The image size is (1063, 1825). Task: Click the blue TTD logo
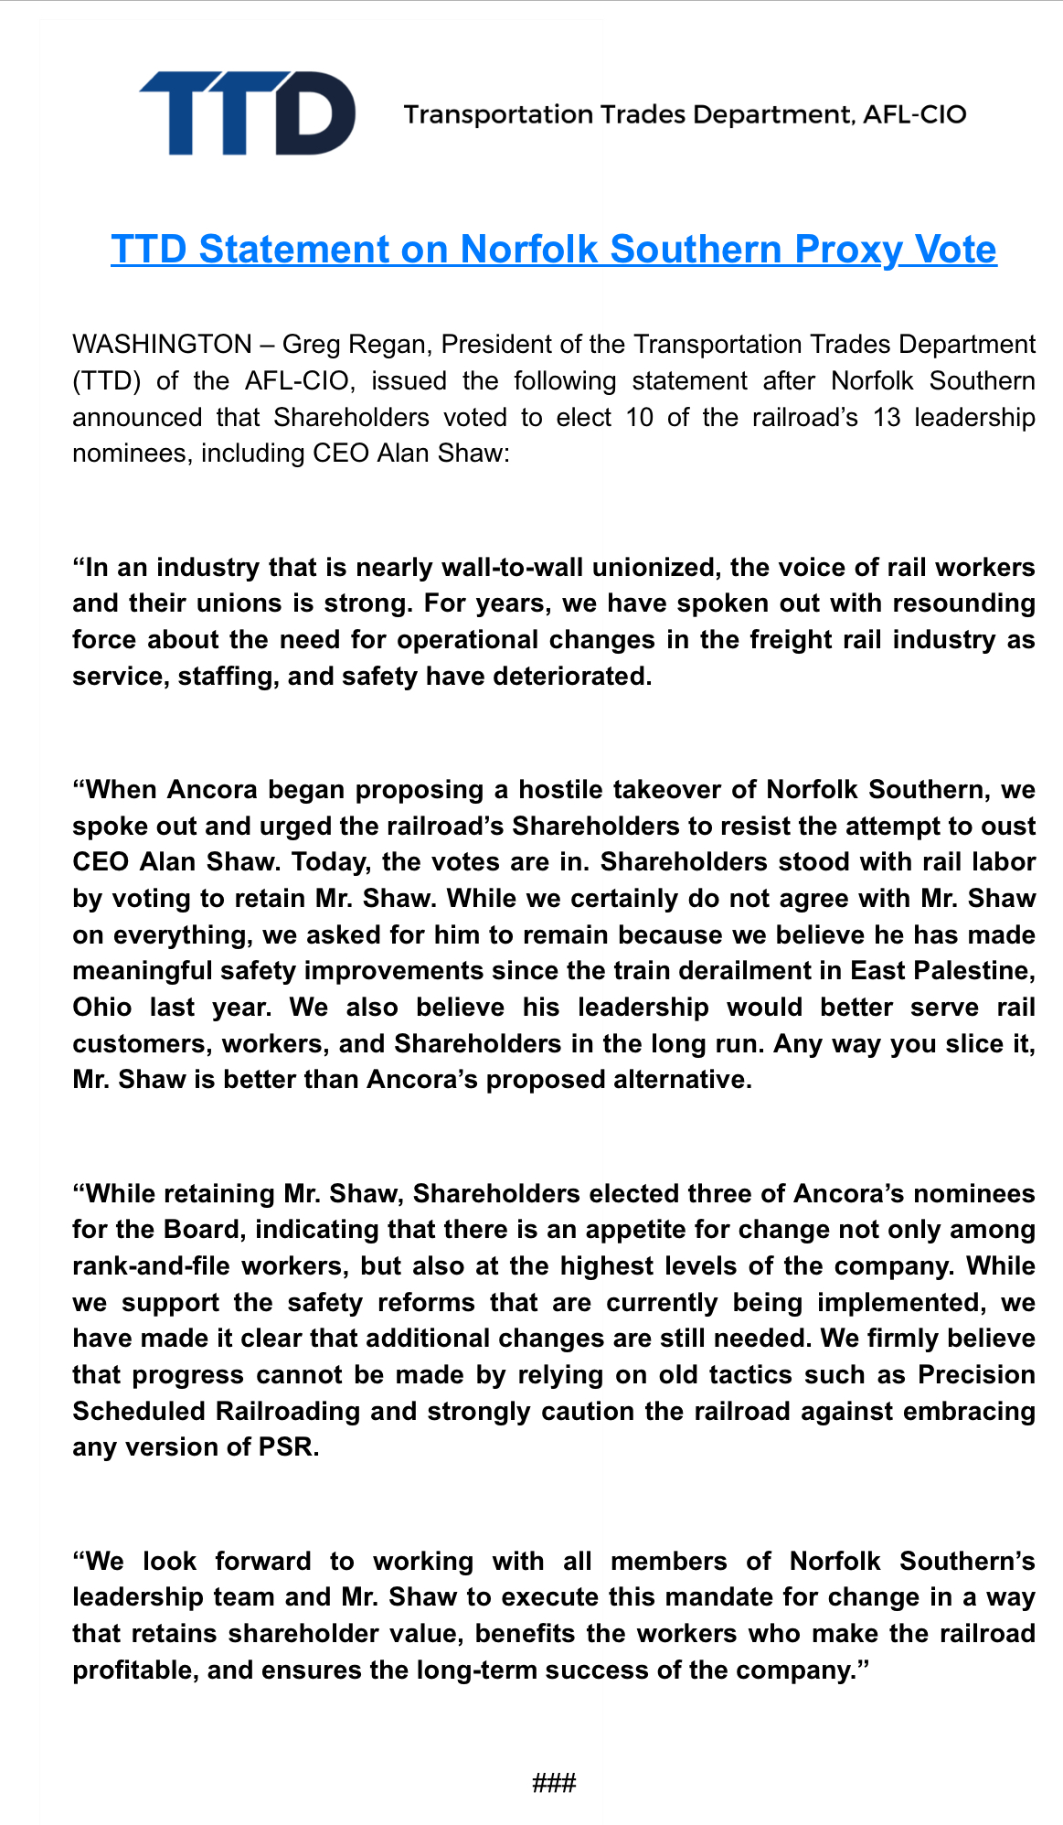point(247,112)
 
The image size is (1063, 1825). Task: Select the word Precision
point(976,1375)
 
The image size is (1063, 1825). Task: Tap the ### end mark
point(554,1783)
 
